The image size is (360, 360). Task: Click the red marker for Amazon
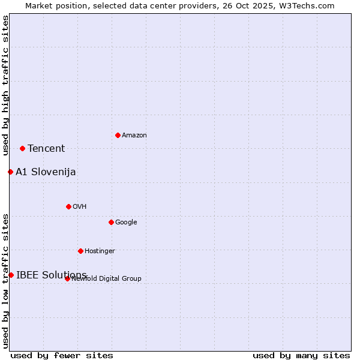118,135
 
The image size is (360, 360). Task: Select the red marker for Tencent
22,148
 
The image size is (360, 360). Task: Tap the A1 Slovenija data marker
10,172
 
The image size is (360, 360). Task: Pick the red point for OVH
68,206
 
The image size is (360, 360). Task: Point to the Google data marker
111,222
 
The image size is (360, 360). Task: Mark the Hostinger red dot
80,251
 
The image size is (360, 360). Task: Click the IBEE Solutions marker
11,275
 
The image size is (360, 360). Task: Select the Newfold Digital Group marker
67,278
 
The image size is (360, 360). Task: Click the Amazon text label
134,136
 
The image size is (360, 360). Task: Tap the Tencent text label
46,149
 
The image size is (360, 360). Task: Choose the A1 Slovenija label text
46,172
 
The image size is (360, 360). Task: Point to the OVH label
80,207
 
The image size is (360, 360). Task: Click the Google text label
126,223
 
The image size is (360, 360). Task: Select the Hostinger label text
100,251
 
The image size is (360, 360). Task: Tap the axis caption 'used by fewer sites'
62,355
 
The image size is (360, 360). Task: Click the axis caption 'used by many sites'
301,355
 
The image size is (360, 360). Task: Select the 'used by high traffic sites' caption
6,85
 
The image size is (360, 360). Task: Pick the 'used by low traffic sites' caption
6,281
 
